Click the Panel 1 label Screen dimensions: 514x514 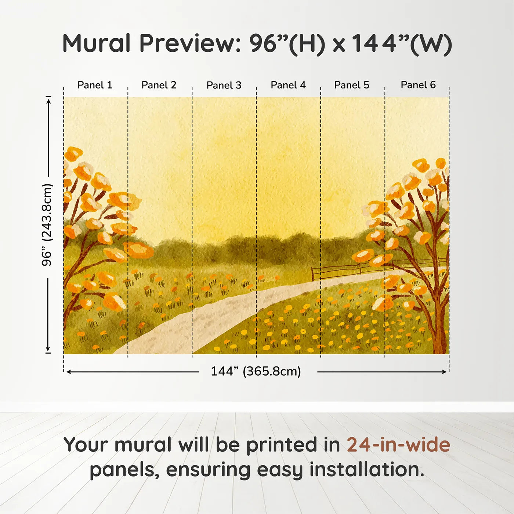[95, 85]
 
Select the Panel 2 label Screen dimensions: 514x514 [159, 85]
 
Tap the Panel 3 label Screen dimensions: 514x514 [224, 86]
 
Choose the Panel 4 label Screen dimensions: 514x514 [288, 85]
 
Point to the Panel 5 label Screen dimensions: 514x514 [352, 85]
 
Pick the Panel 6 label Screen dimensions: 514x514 [418, 85]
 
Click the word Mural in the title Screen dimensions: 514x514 [97, 43]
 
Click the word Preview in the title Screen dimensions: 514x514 [190, 43]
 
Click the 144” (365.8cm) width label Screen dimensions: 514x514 [256, 372]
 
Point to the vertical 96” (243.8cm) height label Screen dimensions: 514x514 [47, 225]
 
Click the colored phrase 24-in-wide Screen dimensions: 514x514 [398, 445]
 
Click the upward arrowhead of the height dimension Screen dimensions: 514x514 [48, 100]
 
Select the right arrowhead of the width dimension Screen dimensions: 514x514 [445, 372]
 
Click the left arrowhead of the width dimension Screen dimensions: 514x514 [68, 372]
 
